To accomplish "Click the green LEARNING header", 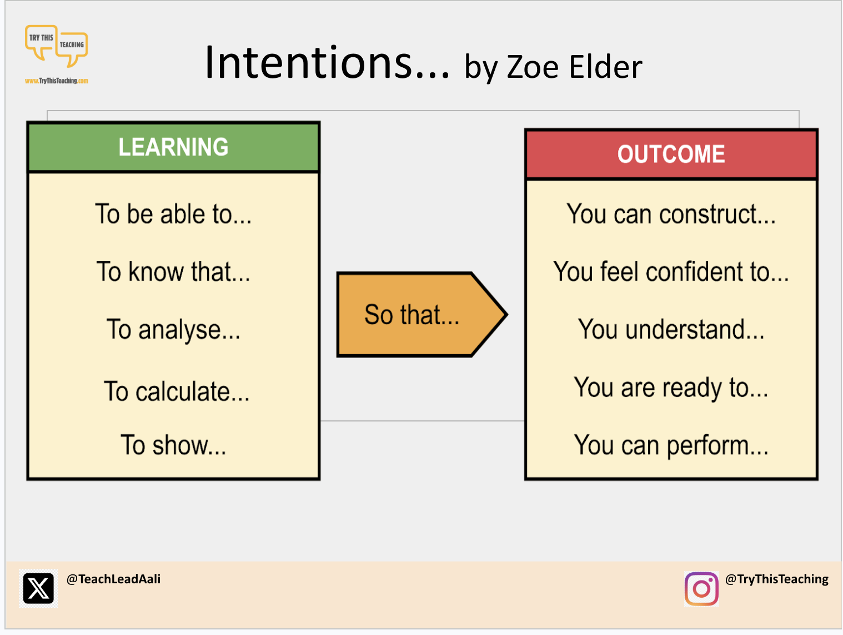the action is (x=173, y=147).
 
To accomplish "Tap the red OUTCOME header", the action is (x=671, y=154).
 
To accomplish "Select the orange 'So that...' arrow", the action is (x=421, y=314).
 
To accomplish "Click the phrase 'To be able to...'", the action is (x=173, y=214).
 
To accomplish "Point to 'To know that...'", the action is (x=173, y=271).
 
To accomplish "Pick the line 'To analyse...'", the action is (x=173, y=330).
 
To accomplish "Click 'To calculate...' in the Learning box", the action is (x=177, y=391).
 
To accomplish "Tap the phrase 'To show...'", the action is (x=173, y=445).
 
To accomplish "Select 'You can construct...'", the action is (x=671, y=214).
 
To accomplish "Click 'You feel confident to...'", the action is (x=671, y=271).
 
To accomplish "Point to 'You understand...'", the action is (x=671, y=329).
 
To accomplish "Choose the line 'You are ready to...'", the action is (x=671, y=388).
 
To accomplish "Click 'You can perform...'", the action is (x=671, y=445).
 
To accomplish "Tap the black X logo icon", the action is (x=38, y=588).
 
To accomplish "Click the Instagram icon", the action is (x=701, y=588).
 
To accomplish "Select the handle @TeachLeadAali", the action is (x=113, y=579).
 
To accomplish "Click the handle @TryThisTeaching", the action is (x=776, y=579).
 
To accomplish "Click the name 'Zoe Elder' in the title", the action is (x=574, y=67).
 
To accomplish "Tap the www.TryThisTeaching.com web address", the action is (x=57, y=81).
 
